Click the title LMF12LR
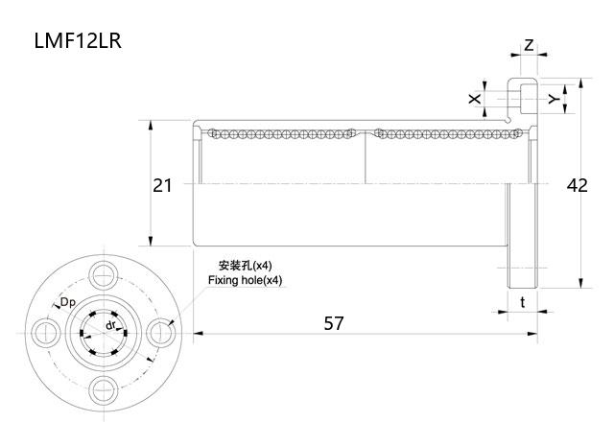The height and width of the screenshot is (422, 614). click(x=78, y=41)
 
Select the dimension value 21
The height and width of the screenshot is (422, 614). click(x=162, y=185)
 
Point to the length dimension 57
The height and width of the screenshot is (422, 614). click(x=333, y=323)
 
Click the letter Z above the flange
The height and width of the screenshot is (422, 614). click(x=529, y=45)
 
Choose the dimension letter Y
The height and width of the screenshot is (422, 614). click(x=553, y=99)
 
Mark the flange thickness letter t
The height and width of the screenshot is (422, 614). click(x=522, y=302)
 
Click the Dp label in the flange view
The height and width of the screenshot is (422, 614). click(x=67, y=304)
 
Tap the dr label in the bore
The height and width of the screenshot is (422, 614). click(x=111, y=326)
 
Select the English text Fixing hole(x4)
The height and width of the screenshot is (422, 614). click(x=246, y=280)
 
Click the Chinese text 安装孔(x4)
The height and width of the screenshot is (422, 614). click(x=246, y=265)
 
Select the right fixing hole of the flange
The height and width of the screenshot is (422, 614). click(x=160, y=332)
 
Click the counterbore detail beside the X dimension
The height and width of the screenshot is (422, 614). click(x=522, y=98)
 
